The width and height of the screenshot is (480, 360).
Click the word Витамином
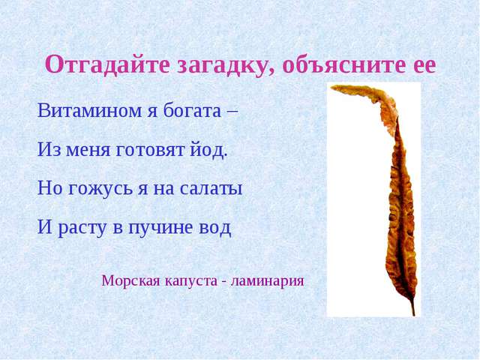pos(89,110)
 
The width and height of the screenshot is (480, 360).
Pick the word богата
pos(192,110)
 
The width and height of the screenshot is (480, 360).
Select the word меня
pos(88,150)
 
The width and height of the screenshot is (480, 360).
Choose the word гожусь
pos(100,188)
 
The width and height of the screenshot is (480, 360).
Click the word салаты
pos(211,188)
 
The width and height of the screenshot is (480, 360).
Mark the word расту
pos(82,228)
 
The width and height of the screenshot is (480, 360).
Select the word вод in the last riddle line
pos(215,227)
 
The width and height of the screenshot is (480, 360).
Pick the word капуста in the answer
pos(192,281)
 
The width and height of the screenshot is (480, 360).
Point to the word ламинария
pos(267,281)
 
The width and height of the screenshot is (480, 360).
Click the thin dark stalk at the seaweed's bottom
pos(412,307)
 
